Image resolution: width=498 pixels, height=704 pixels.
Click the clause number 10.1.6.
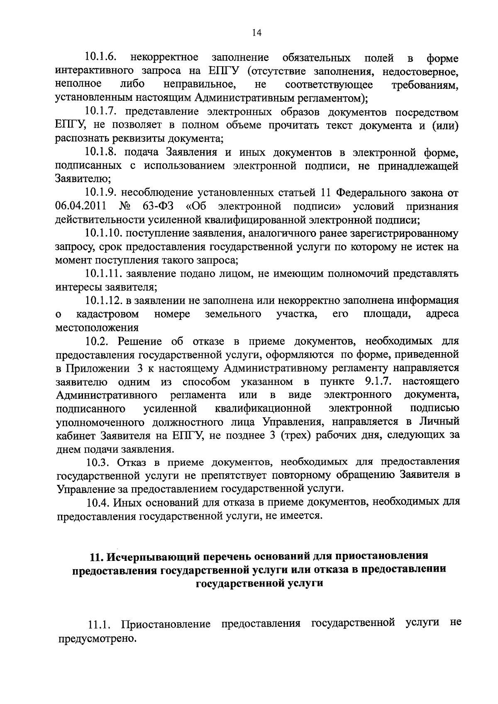pos(101,57)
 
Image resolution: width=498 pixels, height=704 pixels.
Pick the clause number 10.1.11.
pos(104,274)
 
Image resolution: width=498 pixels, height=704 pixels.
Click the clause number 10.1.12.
pos(104,300)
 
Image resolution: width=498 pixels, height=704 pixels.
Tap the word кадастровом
pos(107,314)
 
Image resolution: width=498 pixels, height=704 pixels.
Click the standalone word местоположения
pos(97,328)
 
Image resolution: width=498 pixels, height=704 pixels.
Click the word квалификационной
pos(264,409)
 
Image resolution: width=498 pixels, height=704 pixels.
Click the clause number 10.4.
pos(99,502)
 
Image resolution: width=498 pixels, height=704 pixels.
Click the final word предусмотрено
pos(97,638)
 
